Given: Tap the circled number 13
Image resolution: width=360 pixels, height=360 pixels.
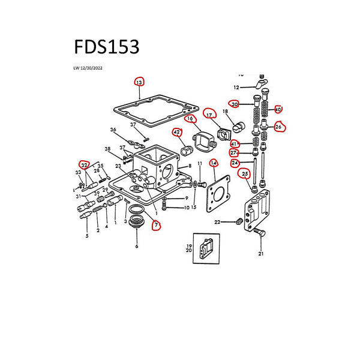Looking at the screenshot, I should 139,82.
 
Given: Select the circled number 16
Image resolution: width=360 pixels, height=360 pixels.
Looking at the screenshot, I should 190,119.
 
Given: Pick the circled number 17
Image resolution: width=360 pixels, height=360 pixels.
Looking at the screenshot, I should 209,114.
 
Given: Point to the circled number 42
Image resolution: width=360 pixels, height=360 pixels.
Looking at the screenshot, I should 176,132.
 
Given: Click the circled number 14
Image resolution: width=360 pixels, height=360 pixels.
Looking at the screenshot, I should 213,163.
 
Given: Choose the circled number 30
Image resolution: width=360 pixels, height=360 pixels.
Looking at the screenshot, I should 235,104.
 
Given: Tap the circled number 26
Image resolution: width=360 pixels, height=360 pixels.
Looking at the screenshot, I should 278,127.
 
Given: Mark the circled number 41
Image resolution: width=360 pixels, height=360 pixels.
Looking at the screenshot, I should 235,143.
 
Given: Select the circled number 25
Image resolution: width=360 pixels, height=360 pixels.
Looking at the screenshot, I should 245,175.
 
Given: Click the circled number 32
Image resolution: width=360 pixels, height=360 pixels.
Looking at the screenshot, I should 85,165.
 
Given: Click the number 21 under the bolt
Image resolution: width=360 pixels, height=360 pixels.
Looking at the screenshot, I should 261,254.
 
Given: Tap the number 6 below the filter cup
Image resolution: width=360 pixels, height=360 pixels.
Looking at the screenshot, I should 136,247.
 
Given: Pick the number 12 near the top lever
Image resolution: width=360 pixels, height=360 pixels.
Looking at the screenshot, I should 236,88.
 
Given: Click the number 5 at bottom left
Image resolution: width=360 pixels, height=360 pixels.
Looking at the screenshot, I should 86,236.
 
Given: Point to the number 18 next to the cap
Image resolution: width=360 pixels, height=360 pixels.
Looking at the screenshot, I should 226,112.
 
